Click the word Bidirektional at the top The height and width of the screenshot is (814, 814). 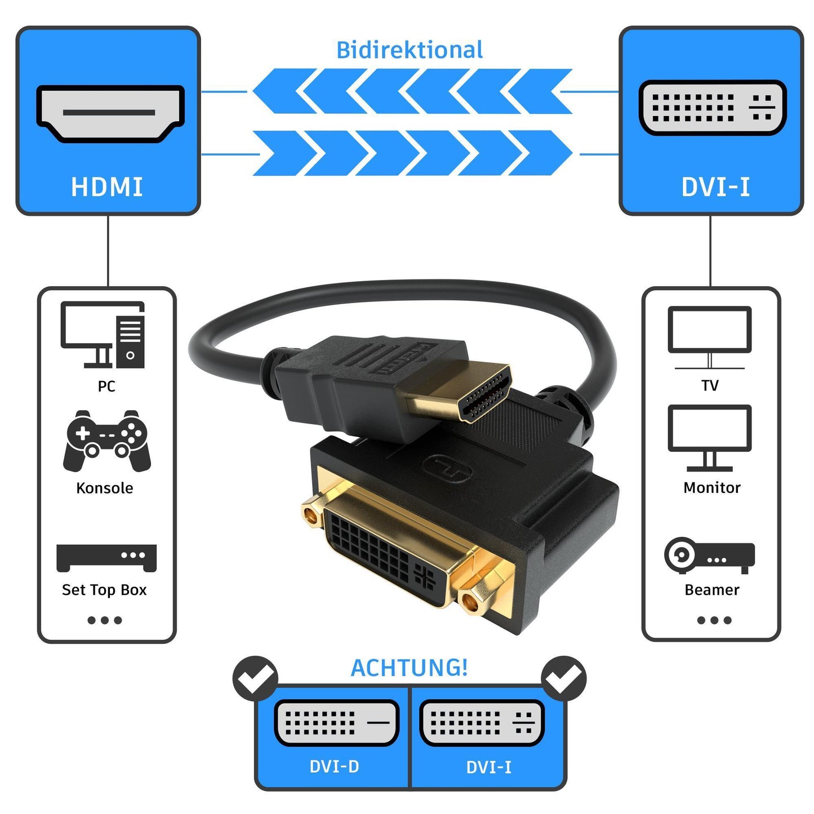coord(410,50)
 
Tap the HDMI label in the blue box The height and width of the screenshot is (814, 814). coord(107,187)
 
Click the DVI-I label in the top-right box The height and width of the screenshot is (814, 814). coord(715,187)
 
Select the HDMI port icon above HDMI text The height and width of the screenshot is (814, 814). coord(110,113)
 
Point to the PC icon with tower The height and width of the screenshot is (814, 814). coord(103,335)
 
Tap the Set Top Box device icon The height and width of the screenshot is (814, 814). coord(106,557)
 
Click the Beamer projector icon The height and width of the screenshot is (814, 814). coord(709,555)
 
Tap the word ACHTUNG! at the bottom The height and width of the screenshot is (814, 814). coord(410,668)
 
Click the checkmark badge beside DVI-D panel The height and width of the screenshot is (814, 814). coord(256,678)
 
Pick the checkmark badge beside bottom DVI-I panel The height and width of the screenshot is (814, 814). coord(563,678)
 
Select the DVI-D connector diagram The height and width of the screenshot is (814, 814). coord(336,723)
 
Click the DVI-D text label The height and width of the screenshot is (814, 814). coord(334,767)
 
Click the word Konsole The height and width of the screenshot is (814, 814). coord(105,488)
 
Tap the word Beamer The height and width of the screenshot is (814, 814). coord(712,590)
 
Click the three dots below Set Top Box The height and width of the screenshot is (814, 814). coord(105,620)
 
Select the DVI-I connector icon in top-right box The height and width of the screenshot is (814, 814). coord(713,107)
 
